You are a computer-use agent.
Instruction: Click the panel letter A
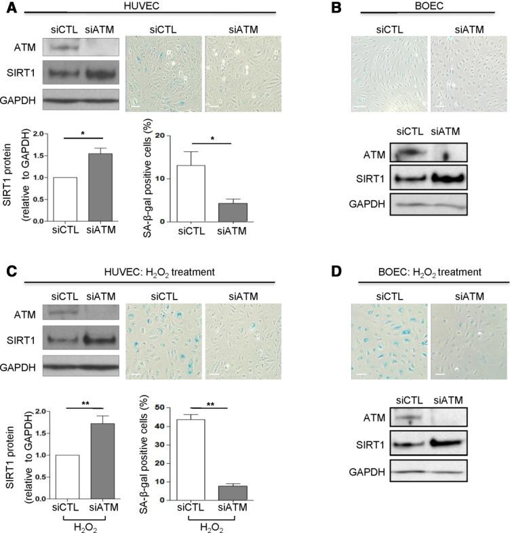pyautogui.click(x=7, y=7)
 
